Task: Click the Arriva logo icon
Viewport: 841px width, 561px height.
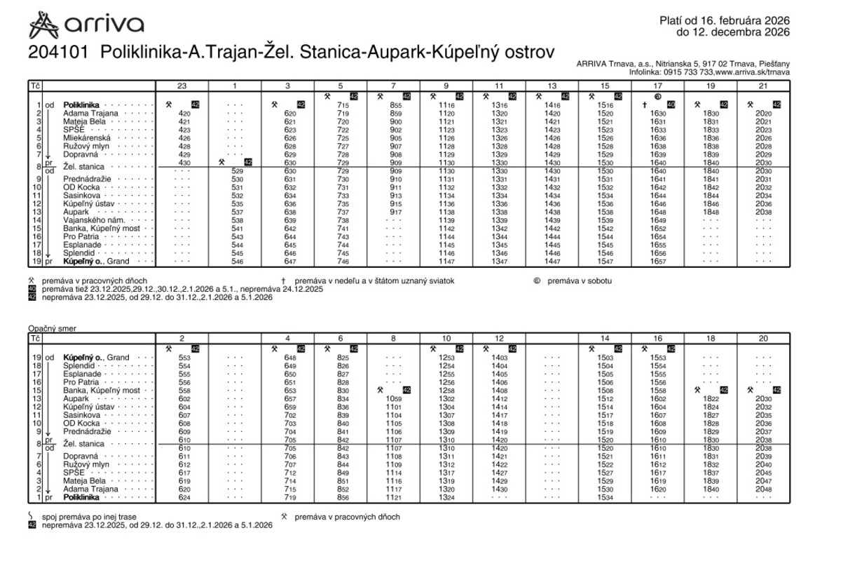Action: pos(43,25)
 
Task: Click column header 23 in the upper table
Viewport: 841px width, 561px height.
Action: pos(182,86)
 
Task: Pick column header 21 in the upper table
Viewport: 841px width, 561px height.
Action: pos(763,86)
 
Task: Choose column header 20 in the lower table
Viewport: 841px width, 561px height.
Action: pos(763,338)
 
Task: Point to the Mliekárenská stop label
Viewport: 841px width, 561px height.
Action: pos(91,138)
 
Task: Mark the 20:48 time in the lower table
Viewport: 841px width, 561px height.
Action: pos(763,489)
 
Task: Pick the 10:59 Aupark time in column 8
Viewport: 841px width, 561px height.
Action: pos(393,398)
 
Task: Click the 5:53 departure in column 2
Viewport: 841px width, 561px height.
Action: pos(184,358)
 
